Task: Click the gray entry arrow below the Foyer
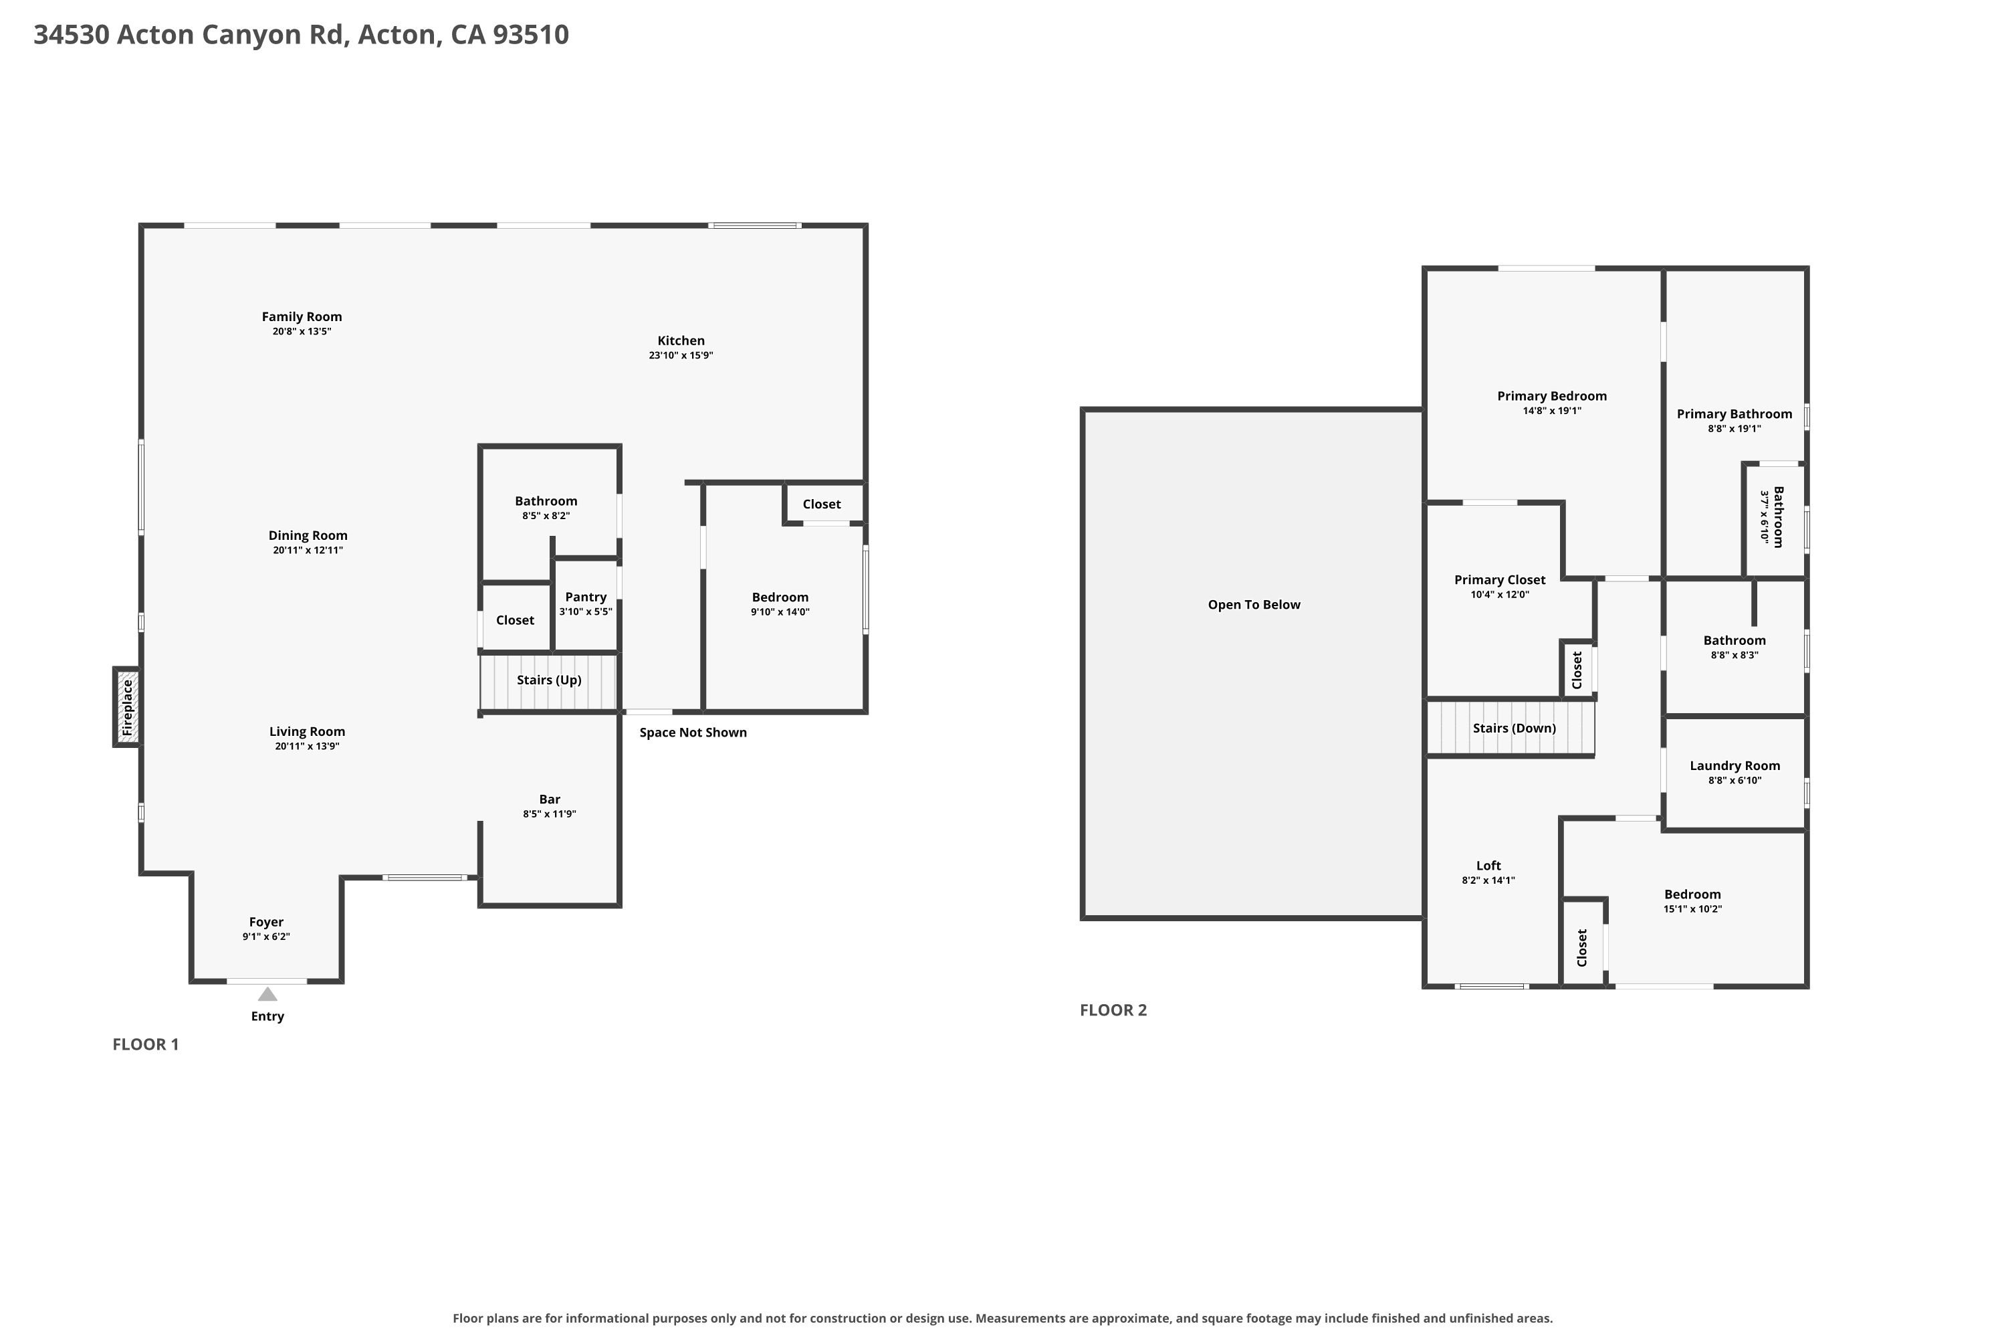click(x=268, y=994)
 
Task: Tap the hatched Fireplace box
click(x=127, y=706)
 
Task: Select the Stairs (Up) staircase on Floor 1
click(x=548, y=681)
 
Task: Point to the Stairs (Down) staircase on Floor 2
click(x=1511, y=728)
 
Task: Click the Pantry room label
click(x=586, y=597)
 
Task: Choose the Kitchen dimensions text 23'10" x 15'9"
click(x=681, y=356)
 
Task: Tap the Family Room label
click(x=302, y=316)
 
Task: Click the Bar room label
click(x=549, y=799)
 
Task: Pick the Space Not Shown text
click(x=693, y=732)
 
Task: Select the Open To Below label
click(x=1254, y=605)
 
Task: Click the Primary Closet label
click(x=1499, y=580)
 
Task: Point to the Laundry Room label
click(x=1735, y=766)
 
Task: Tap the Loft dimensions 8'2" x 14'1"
click(x=1488, y=880)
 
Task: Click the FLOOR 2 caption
click(x=1113, y=1010)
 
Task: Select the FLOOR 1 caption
click(x=146, y=1044)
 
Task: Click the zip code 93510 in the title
click(x=530, y=35)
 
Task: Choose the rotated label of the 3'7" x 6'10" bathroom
click(x=1778, y=517)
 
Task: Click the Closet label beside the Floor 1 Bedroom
click(x=821, y=504)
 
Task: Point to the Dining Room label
click(x=308, y=536)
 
